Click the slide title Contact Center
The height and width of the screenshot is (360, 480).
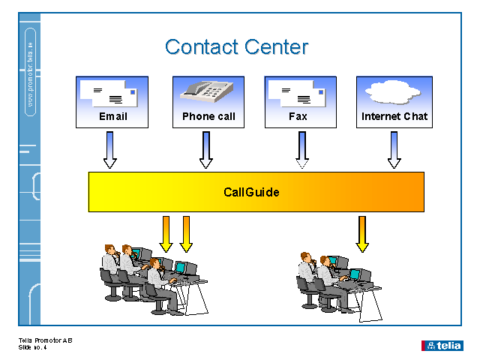tap(236, 46)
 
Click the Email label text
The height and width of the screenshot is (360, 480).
tap(113, 116)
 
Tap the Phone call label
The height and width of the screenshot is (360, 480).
tap(208, 116)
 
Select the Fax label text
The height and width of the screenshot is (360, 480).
tap(298, 116)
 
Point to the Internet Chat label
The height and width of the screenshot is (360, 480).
tap(394, 116)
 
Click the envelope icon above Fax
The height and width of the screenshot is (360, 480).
tap(298, 93)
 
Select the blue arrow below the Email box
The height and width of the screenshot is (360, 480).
tap(110, 150)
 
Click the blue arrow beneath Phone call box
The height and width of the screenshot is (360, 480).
tap(206, 150)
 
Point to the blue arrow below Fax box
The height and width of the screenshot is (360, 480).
tap(302, 150)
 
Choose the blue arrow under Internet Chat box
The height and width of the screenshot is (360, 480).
tap(394, 150)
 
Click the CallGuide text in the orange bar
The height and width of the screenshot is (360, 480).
tap(251, 192)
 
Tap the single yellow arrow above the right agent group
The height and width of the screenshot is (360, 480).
tap(362, 233)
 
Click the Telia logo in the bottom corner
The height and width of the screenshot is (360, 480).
tap(442, 345)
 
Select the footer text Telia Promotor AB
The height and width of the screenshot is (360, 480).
tap(45, 341)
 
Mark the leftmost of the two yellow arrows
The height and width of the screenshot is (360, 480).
tap(166, 233)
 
